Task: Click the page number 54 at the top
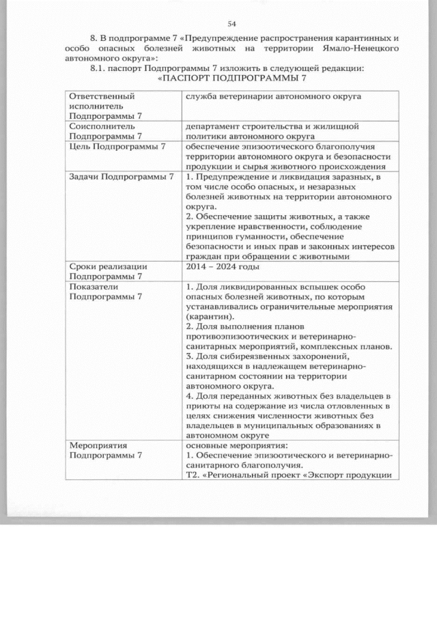231,23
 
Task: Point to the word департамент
214,126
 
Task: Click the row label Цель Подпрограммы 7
117,147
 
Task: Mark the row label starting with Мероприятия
106,450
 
